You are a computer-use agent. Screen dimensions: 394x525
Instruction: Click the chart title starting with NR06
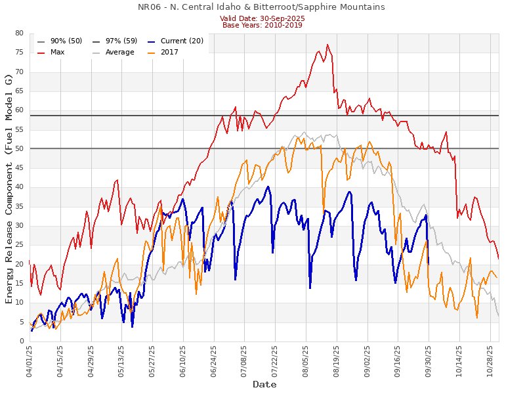261,7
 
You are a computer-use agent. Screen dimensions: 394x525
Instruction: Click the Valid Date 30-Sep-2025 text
262,18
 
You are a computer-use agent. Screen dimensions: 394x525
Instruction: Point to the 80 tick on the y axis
19,33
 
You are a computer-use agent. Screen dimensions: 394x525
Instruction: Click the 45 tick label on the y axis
19,168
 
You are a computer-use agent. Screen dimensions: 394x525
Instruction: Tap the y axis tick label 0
21,341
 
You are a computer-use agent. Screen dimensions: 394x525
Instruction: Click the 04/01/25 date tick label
30,361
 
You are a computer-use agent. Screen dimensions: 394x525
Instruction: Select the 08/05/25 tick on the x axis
306,361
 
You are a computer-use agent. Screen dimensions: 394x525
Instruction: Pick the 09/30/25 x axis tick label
429,361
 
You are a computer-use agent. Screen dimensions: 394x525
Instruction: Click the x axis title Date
264,384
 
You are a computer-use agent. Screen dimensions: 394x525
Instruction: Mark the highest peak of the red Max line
327,45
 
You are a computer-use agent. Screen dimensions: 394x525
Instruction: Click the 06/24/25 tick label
214,361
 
